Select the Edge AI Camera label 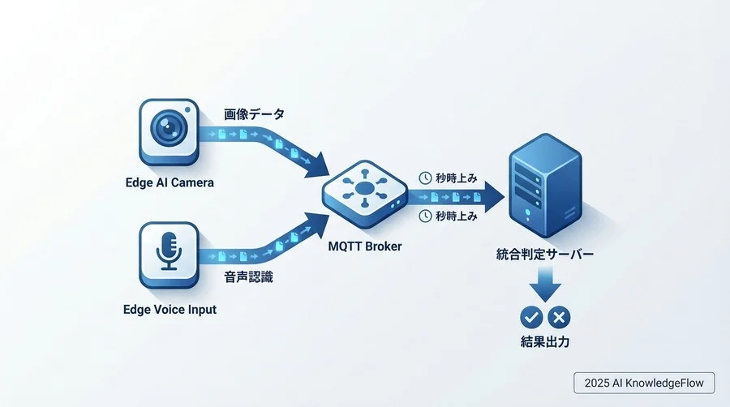click(170, 182)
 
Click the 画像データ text click(254, 115)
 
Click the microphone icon click(169, 252)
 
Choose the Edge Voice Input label click(170, 309)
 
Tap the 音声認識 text click(248, 276)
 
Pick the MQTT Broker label click(364, 244)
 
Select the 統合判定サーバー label click(544, 255)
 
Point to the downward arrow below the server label click(544, 286)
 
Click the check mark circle click(531, 317)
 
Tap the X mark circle click(559, 317)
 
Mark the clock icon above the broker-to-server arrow click(424, 177)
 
